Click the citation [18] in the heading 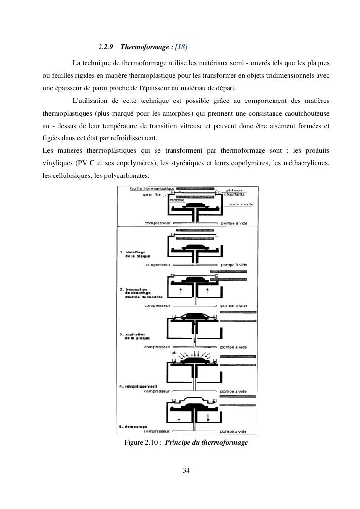point(181,47)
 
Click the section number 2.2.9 point(105,47)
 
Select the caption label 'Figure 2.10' point(142,443)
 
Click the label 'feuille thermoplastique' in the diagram point(149,188)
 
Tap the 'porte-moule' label point(241,204)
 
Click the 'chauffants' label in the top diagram point(234,194)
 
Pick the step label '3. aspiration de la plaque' point(135,335)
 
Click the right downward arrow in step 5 point(208,417)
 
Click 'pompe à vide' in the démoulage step point(234,431)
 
